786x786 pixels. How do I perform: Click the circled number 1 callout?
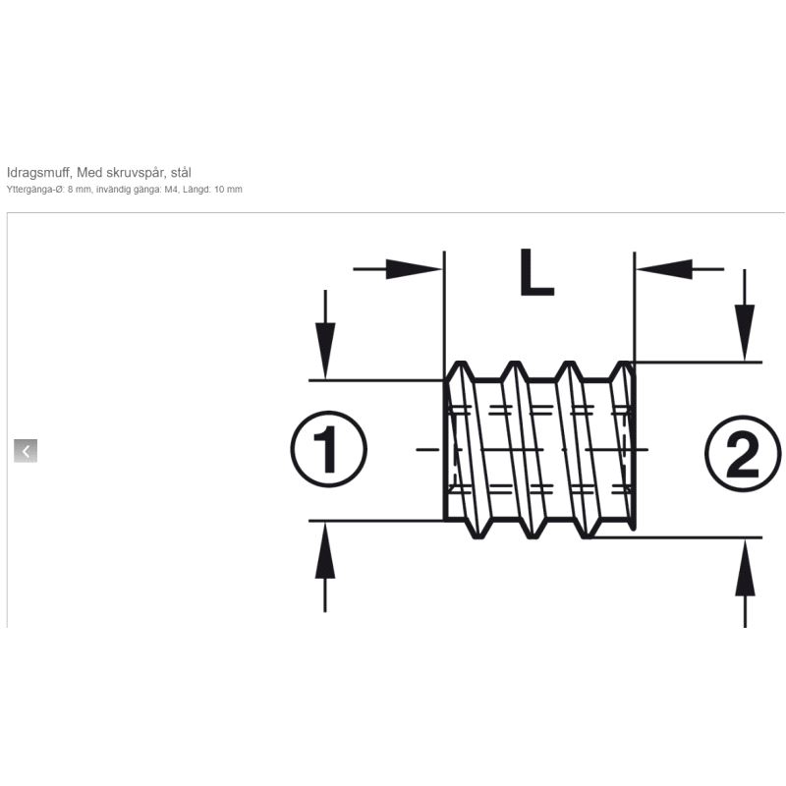click(x=328, y=449)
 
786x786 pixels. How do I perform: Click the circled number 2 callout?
click(x=743, y=454)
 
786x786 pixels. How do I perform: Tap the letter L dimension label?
click(x=536, y=272)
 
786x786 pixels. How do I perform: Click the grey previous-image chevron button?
click(x=26, y=451)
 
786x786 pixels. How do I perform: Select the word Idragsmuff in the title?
click(x=38, y=173)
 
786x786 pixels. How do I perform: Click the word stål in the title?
click(x=181, y=173)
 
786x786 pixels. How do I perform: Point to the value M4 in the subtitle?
click(x=171, y=190)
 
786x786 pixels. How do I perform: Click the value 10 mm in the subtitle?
click(x=228, y=190)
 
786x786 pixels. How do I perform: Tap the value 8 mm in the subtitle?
click(x=81, y=190)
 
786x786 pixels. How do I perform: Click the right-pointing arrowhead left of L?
click(x=414, y=269)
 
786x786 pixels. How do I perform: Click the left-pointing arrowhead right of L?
click(x=664, y=269)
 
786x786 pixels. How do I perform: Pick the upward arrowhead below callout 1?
click(x=325, y=550)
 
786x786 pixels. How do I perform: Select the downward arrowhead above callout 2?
click(x=745, y=332)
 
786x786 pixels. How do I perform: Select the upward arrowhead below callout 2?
click(x=745, y=568)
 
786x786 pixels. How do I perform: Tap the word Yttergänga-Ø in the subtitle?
click(x=36, y=190)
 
